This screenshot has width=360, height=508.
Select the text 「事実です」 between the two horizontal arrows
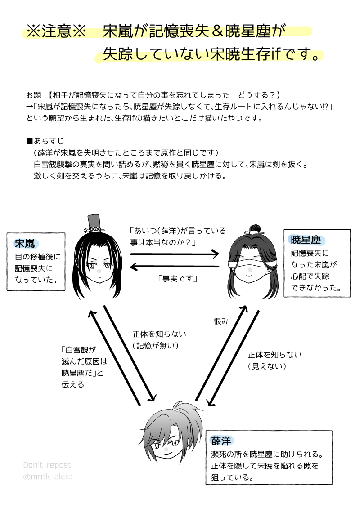click(x=178, y=278)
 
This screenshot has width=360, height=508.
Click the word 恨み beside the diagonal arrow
click(x=221, y=321)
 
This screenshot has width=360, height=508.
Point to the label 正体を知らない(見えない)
click(x=274, y=361)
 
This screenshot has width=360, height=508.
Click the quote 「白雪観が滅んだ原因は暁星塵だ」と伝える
click(x=84, y=366)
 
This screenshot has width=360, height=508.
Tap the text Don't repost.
click(x=48, y=465)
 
